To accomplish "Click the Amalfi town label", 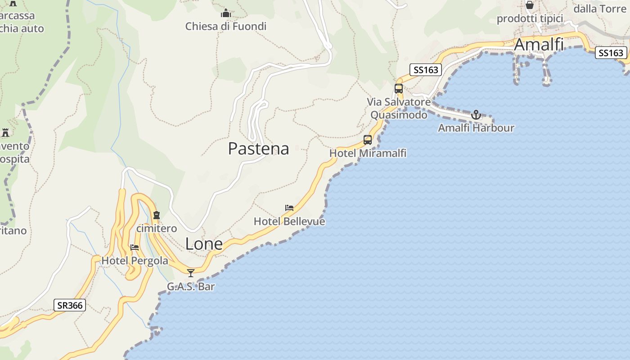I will [539, 45].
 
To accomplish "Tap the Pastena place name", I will [258, 148].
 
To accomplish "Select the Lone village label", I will [204, 243].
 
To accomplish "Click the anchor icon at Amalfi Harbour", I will [476, 115].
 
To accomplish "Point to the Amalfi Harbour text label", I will [476, 128].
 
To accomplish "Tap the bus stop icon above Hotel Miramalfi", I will [368, 140].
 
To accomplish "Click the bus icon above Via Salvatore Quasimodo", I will [399, 89].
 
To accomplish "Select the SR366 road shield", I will [70, 305].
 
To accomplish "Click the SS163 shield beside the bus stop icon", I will [425, 70].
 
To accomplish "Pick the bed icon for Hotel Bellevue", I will [289, 208].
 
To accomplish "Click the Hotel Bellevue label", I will [289, 221].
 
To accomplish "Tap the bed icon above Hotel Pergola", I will [135, 247].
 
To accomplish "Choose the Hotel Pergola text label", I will [135, 261].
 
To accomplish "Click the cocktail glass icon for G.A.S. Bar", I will [191, 273].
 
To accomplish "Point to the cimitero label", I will [157, 229].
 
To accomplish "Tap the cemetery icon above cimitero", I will [157, 215].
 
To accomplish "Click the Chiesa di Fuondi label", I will [226, 27].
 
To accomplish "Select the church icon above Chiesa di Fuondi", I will [226, 13].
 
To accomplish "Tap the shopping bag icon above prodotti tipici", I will [530, 5].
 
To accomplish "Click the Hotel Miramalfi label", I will [368, 153].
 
